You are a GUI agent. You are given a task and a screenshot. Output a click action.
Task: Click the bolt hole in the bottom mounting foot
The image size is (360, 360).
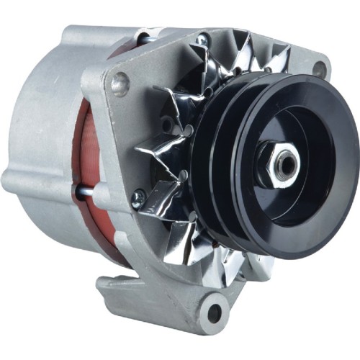(x=214, y=312)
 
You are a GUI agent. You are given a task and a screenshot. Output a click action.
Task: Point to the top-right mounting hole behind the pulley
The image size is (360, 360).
(x=318, y=69)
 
